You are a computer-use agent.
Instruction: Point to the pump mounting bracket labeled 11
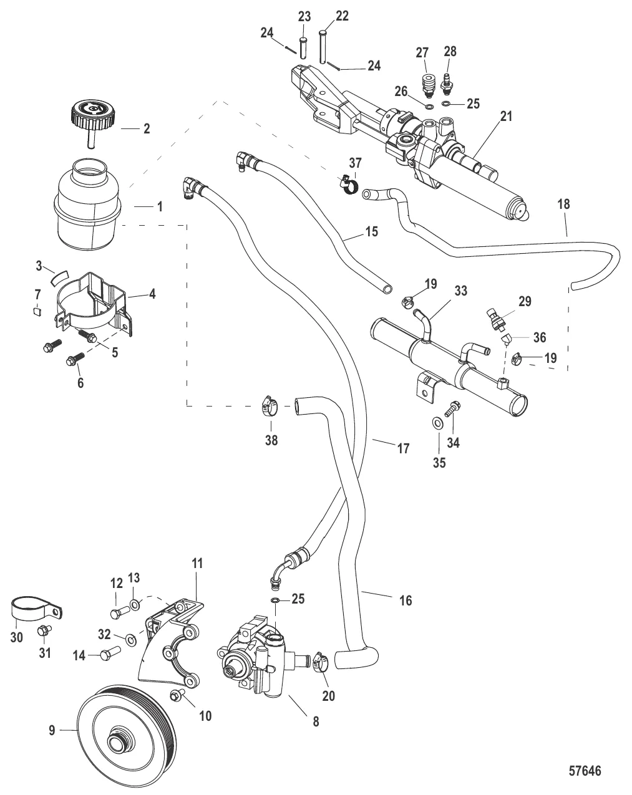(172, 642)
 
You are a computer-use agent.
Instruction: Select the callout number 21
(505, 117)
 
